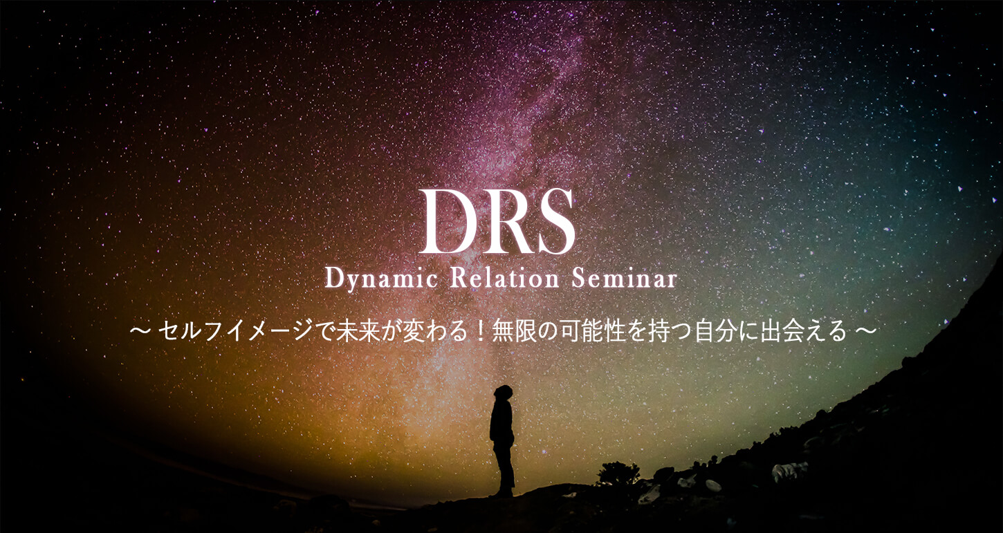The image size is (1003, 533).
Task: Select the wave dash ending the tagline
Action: [865, 332]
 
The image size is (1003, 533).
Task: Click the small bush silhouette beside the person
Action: [618, 474]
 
